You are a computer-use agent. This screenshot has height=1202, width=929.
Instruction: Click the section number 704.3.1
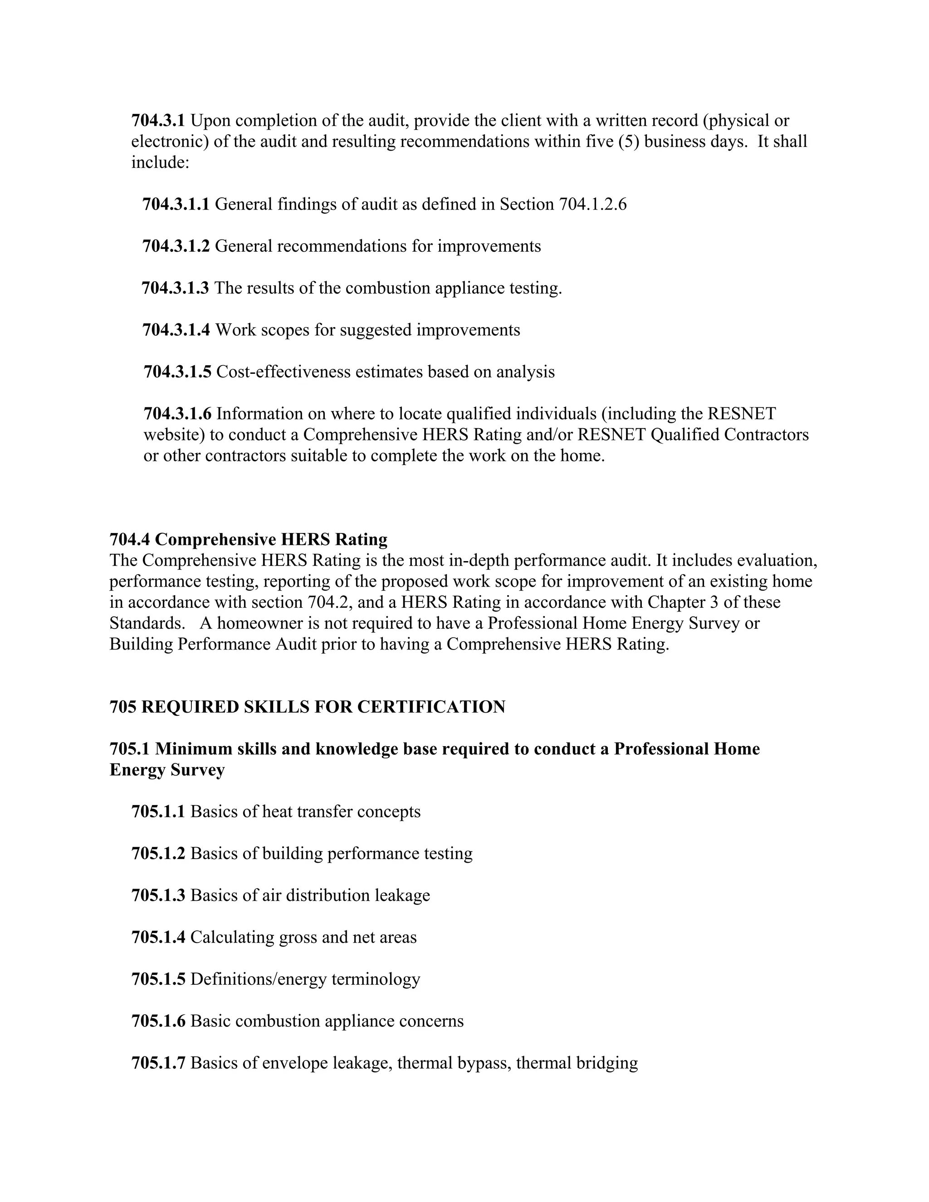[x=158, y=120]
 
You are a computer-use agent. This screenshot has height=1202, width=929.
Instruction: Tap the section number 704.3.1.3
[x=175, y=288]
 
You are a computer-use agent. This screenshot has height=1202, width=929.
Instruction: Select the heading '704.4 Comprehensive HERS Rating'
[x=248, y=539]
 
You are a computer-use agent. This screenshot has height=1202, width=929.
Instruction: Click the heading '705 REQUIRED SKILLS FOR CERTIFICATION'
[x=307, y=707]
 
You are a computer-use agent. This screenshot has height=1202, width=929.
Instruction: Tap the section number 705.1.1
[x=158, y=811]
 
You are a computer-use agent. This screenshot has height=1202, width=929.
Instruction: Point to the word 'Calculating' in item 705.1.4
[x=232, y=937]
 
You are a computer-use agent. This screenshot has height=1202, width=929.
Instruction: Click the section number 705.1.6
[x=158, y=1021]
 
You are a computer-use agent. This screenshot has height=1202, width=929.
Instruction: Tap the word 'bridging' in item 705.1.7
[x=606, y=1063]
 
